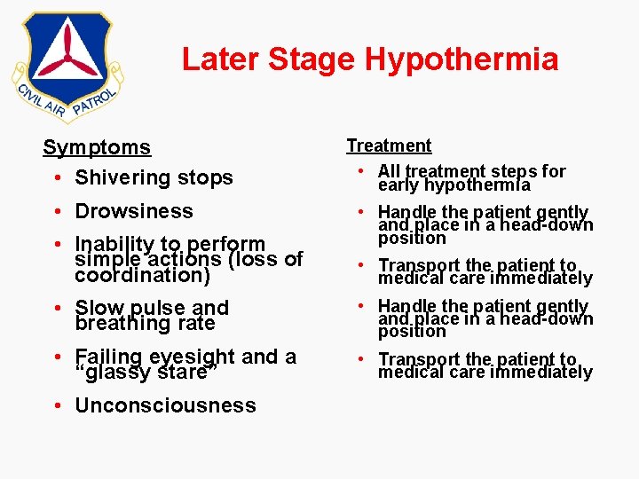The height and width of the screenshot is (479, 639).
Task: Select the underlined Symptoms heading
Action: (97, 147)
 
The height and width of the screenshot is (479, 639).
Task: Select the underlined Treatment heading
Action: (389, 145)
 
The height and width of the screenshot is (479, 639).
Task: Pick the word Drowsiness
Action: (133, 211)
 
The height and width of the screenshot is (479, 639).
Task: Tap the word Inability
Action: (112, 244)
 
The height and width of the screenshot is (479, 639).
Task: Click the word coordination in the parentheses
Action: (142, 276)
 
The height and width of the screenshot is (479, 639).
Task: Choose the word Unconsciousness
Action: (165, 405)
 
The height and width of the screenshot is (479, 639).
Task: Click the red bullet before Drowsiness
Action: (56, 212)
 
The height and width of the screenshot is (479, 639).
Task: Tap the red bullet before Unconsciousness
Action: (56, 406)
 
